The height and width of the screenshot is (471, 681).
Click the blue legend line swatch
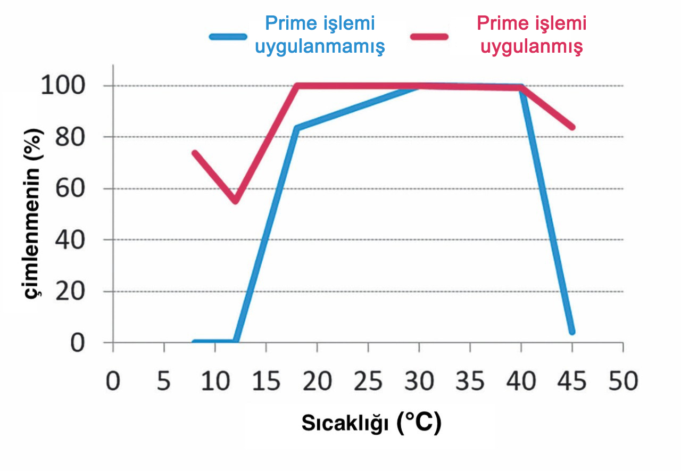[228, 37]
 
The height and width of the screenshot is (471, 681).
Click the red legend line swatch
[429, 37]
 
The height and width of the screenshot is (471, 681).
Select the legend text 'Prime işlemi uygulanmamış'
[320, 35]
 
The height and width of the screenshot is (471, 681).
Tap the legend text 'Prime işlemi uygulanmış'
[531, 35]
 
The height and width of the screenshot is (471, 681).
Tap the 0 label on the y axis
[78, 343]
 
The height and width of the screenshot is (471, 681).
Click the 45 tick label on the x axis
[572, 382]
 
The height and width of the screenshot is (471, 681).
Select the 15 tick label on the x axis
[265, 382]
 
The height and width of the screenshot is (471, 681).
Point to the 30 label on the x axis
[419, 382]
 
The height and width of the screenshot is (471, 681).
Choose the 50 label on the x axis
[623, 382]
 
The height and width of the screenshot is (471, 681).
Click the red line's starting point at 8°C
[195, 153]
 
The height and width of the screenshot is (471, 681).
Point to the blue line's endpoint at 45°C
[572, 332]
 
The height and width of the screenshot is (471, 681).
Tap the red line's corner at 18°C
[297, 86]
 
